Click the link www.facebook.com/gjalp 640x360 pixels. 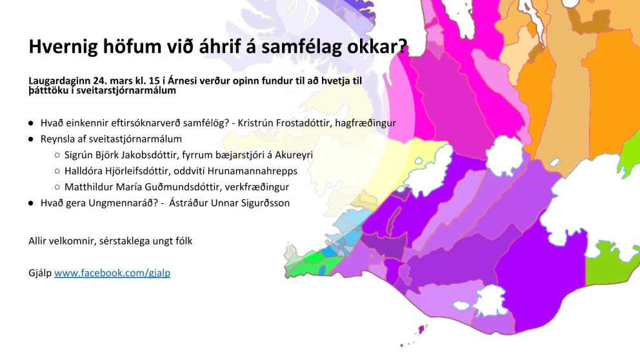click(112, 273)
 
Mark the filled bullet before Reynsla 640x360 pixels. click(31, 139)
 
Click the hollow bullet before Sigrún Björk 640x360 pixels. click(57, 155)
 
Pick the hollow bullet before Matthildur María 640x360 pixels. click(57, 187)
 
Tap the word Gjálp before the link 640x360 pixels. click(40, 273)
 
